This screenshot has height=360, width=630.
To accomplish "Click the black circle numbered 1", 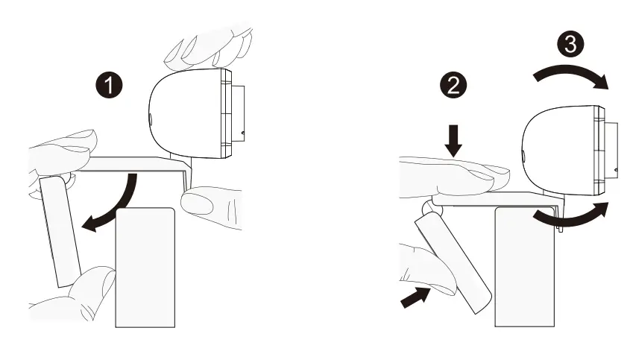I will point(110,84).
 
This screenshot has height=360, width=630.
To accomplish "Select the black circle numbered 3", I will point(570,45).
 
